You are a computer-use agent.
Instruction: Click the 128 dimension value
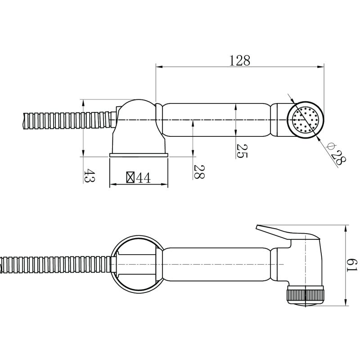[239, 61]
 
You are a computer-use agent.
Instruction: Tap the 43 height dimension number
[89, 175]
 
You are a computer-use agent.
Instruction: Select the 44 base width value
[144, 178]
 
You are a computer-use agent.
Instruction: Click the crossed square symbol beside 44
[130, 177]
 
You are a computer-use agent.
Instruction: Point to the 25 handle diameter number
[242, 151]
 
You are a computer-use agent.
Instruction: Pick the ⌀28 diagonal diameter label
[336, 154]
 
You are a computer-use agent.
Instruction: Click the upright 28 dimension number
[199, 171]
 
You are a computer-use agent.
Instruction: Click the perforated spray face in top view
[306, 120]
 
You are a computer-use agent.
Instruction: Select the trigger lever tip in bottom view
[257, 227]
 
